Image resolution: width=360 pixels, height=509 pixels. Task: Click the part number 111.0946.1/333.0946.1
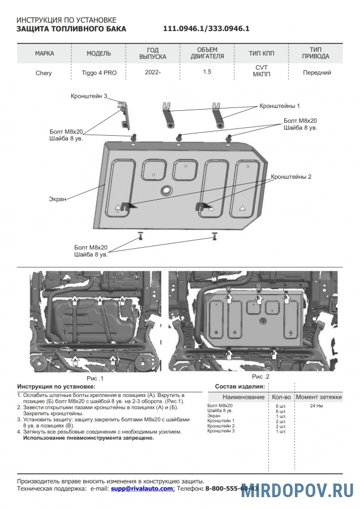pos(207,28)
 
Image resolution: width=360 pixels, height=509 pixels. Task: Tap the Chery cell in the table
pos(44,73)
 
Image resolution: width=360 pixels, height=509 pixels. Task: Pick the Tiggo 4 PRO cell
pos(98,73)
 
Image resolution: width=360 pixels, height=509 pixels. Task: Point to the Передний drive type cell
pos(317,72)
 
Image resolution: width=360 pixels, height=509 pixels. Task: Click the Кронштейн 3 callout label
pos(89,96)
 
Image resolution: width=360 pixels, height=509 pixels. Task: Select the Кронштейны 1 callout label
pos(280,106)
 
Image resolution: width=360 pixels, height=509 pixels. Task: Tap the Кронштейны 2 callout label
pos(292,177)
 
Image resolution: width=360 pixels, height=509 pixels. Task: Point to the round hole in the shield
pos(166,191)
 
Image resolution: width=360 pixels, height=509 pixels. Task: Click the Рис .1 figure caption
pos(95,377)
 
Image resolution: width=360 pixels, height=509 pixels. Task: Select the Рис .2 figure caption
pos(260,376)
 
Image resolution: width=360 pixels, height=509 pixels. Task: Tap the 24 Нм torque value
pos(317,406)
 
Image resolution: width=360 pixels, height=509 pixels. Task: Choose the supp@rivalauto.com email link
pos(142,488)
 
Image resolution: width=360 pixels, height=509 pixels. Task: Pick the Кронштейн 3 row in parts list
pos(221,432)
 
